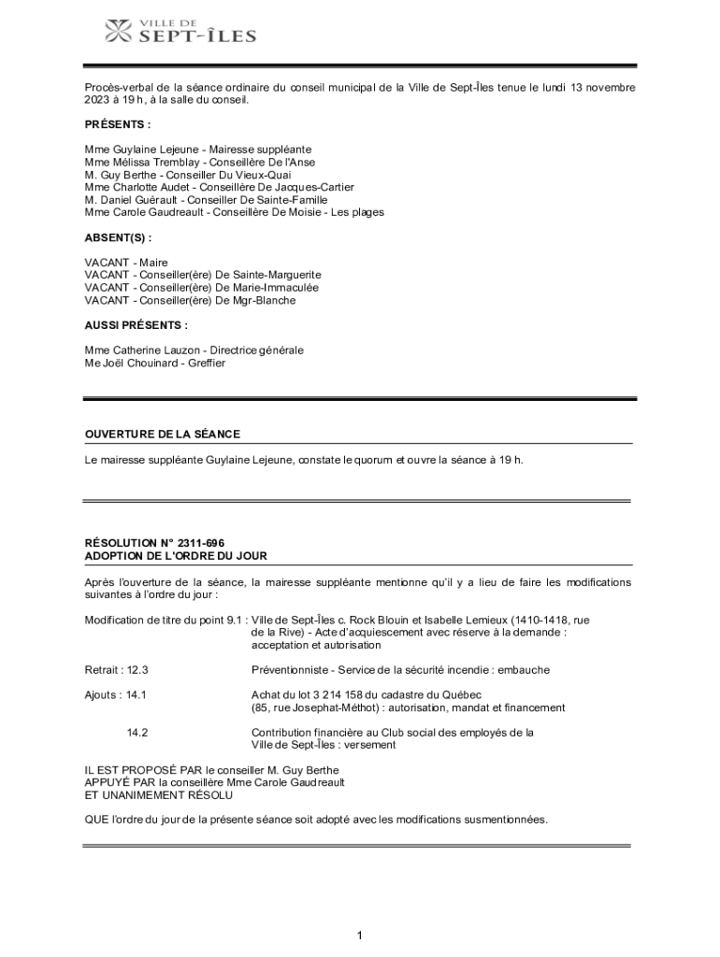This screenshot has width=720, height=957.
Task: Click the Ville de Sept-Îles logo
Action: tap(180, 31)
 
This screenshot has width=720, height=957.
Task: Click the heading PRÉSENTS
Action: tap(117, 124)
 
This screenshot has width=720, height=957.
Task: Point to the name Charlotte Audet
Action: tap(158, 187)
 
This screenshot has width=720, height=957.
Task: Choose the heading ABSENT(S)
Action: tap(118, 237)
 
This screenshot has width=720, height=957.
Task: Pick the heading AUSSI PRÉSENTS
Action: tap(136, 325)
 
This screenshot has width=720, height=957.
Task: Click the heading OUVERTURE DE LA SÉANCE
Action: tap(163, 434)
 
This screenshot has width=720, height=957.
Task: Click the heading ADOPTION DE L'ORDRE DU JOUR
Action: tap(176, 556)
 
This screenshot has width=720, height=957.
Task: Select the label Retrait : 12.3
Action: tap(117, 670)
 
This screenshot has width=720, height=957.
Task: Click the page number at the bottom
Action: tap(359, 935)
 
